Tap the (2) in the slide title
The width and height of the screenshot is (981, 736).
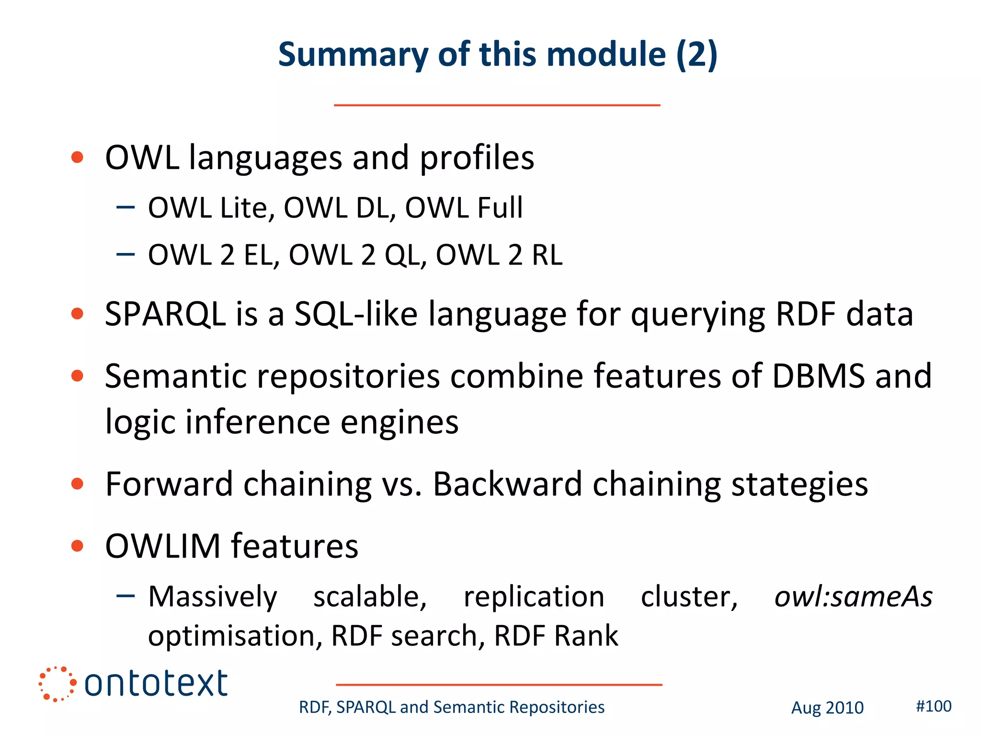click(696, 55)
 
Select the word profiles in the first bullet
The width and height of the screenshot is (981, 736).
click(477, 158)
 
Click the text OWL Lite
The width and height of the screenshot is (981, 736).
click(211, 208)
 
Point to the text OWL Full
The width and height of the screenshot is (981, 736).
click(464, 208)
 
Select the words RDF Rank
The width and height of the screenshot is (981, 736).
click(556, 636)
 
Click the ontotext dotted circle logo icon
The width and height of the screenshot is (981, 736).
click(57, 684)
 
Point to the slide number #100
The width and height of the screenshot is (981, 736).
click(934, 706)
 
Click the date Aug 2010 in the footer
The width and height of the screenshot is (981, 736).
click(827, 708)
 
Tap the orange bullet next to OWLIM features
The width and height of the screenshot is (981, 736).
click(77, 546)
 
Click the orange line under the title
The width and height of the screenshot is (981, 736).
click(497, 105)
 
